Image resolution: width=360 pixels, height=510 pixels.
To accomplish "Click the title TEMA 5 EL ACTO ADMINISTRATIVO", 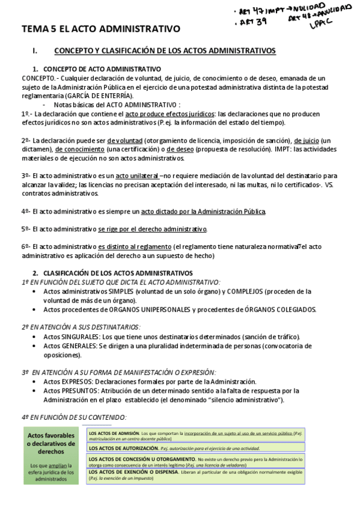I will click(x=101, y=28).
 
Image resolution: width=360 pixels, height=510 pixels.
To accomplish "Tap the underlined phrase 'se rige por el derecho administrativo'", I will click(x=153, y=229).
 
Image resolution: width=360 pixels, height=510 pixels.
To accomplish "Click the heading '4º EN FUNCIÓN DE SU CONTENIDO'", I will click(x=74, y=417).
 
